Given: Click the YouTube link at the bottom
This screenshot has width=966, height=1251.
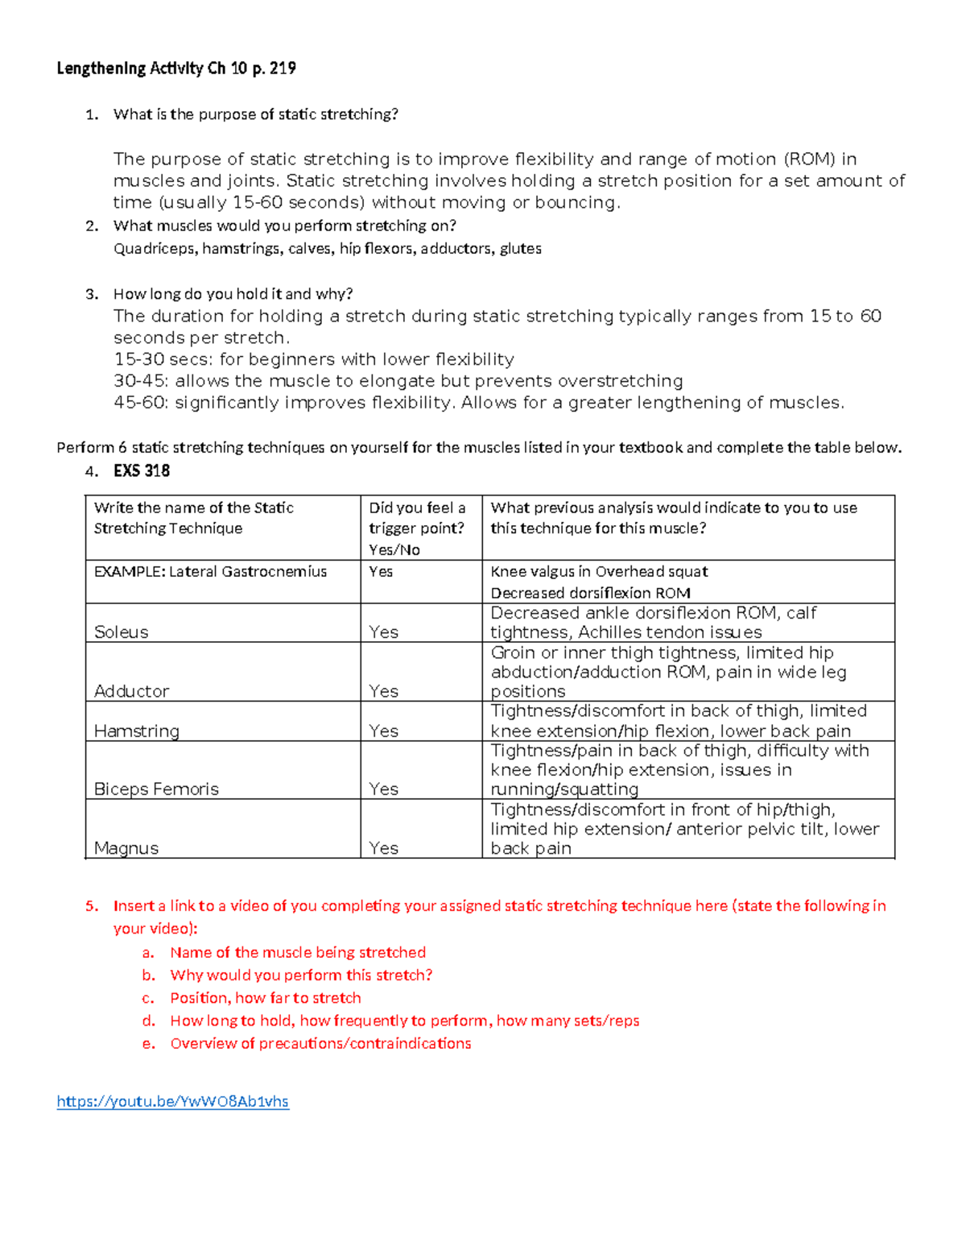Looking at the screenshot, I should click(172, 1101).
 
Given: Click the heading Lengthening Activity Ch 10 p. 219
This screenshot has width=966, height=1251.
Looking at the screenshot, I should click(175, 68).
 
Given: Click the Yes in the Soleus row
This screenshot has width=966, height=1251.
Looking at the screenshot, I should click(383, 632).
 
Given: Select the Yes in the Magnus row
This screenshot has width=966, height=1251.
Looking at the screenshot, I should click(383, 847).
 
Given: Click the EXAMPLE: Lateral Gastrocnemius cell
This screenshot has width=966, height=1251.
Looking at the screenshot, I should click(210, 572).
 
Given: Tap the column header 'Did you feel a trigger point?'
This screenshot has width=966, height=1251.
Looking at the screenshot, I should click(417, 528).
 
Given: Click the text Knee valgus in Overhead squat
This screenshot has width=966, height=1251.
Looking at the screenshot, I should click(599, 572).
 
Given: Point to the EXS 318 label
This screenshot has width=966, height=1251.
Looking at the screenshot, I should click(142, 470).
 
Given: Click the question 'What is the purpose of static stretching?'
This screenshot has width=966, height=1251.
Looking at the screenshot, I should click(255, 114).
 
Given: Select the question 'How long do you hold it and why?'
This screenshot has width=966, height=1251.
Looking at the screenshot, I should click(233, 294).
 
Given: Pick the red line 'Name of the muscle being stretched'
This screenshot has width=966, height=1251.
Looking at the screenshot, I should click(298, 952).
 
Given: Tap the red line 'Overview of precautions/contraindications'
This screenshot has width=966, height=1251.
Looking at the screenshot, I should click(320, 1043).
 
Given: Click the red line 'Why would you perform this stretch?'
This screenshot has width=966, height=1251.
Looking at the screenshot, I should click(301, 975).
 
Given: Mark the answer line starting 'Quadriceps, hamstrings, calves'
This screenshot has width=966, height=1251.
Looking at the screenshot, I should click(327, 249).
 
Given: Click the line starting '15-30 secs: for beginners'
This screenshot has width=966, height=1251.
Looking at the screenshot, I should click(313, 359).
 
